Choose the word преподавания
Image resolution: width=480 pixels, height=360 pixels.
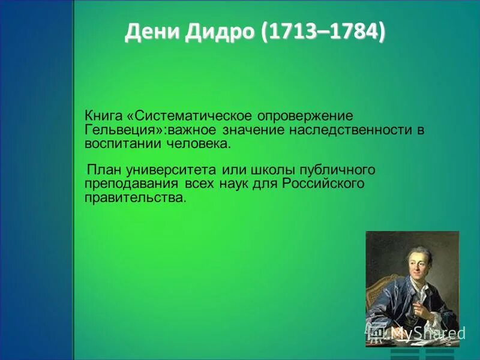tap(131, 184)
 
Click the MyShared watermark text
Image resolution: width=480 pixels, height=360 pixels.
tap(427, 333)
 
